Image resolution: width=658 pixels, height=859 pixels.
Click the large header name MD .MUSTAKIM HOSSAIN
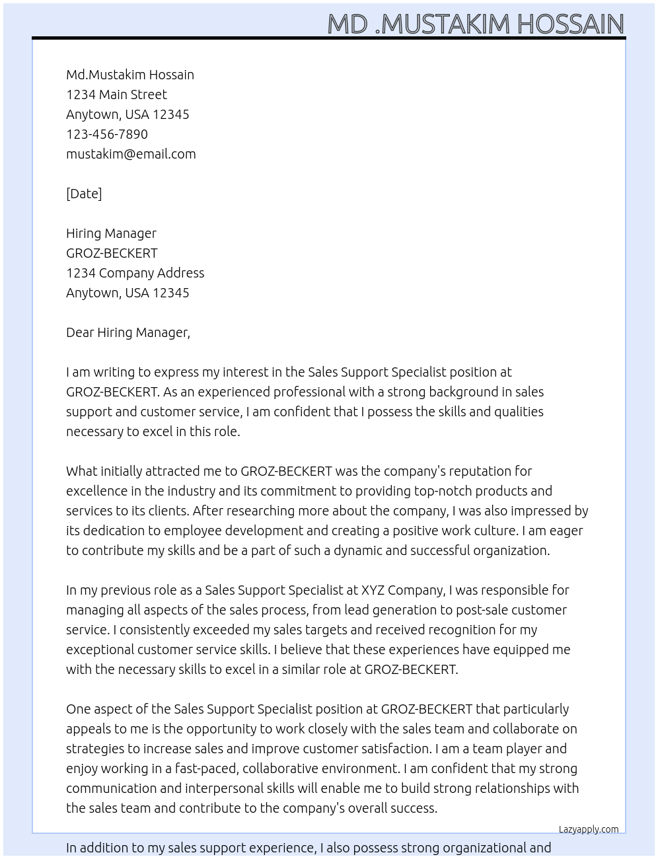pyautogui.click(x=476, y=24)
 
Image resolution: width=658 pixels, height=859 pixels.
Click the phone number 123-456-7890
pyautogui.click(x=107, y=134)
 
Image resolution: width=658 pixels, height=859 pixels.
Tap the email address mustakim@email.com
pyautogui.click(x=131, y=154)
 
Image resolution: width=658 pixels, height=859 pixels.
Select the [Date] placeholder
pyautogui.click(x=84, y=194)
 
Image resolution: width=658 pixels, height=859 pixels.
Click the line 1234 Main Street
pyautogui.click(x=116, y=94)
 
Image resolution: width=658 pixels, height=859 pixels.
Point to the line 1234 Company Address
pyautogui.click(x=135, y=273)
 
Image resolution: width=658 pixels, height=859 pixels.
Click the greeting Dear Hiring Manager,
pyautogui.click(x=128, y=332)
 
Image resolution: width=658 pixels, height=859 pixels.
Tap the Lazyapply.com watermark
pyautogui.click(x=589, y=829)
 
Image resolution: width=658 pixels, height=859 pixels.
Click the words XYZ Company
pyautogui.click(x=403, y=590)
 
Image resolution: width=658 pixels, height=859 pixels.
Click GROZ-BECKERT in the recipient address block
pyautogui.click(x=112, y=253)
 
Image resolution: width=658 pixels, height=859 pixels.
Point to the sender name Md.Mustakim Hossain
pyautogui.click(x=130, y=75)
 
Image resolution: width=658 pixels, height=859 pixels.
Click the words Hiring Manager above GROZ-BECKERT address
pyautogui.click(x=111, y=233)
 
